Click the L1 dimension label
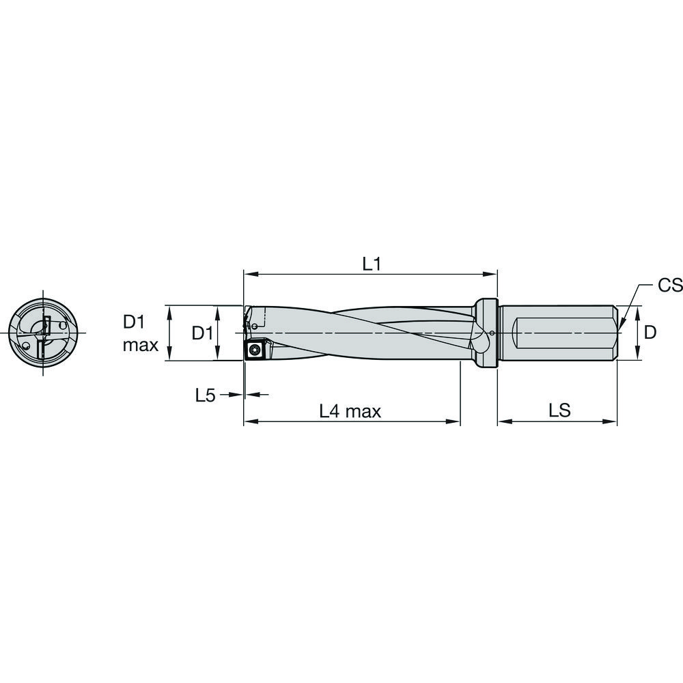(x=371, y=264)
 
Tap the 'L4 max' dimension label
(x=350, y=411)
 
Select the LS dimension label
(x=559, y=411)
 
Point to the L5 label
(x=206, y=395)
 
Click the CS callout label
(x=669, y=285)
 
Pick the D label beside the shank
(x=650, y=333)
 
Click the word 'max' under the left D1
(x=141, y=346)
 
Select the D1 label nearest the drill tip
(x=201, y=333)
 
